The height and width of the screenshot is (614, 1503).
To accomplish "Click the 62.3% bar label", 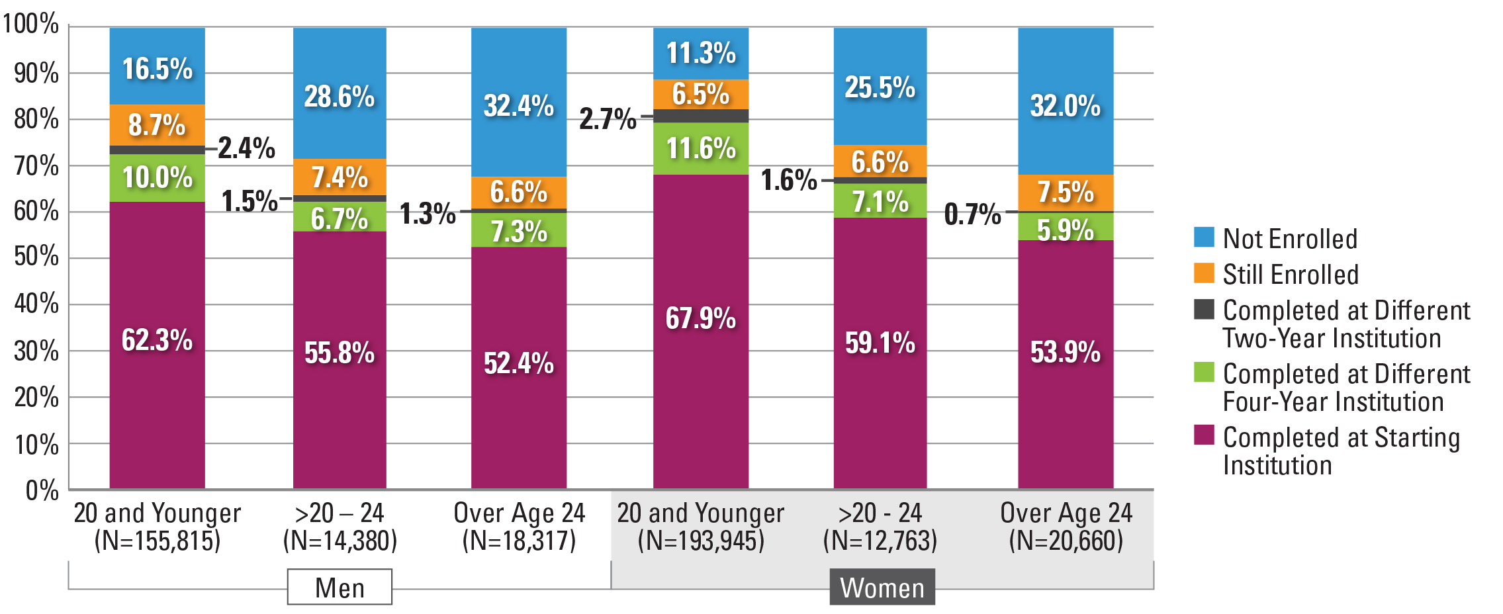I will tap(157, 340).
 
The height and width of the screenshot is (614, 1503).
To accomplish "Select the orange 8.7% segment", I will tap(157, 124).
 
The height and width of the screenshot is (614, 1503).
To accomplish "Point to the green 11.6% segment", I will tap(701, 148).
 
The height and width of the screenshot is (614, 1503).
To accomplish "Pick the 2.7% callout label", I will tap(608, 119).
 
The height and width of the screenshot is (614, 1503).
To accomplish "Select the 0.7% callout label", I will tap(972, 214).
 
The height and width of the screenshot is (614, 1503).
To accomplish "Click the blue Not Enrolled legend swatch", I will tap(1204, 237).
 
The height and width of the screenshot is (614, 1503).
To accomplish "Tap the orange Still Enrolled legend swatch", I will tap(1204, 273).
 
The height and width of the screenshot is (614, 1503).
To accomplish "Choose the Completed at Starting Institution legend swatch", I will tap(1204, 435).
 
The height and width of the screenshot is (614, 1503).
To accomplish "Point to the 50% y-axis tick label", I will tap(36, 257).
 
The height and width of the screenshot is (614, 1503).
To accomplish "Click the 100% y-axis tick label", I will tap(30, 24).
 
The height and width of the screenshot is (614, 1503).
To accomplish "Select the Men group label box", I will tap(340, 587).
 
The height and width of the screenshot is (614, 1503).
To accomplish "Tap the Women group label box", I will tap(882, 587).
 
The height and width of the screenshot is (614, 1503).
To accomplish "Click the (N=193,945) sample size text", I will tap(701, 541).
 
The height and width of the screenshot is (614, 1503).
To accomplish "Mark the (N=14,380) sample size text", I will tap(340, 541).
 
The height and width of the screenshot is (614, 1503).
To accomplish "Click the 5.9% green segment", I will tap(1066, 228).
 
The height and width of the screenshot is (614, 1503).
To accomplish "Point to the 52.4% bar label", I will tap(519, 363).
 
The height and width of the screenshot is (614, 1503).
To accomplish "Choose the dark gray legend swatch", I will tap(1204, 309).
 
